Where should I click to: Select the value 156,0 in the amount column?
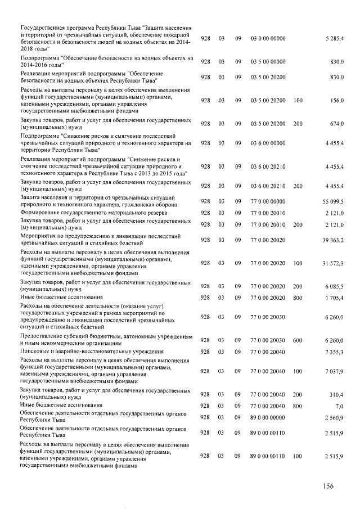pos(337,101)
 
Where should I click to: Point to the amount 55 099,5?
pos(334,201)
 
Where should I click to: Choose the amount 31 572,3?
pos(334,263)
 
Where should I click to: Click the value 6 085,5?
pos(336,286)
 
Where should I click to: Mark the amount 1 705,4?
pos(336,297)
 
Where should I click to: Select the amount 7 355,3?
pos(336,352)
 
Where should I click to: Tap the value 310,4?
pos(337,395)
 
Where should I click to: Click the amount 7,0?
pos(340,406)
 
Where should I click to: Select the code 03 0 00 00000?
pos(268,38)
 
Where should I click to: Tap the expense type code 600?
pos(298,340)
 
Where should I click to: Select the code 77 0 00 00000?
pos(268,201)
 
